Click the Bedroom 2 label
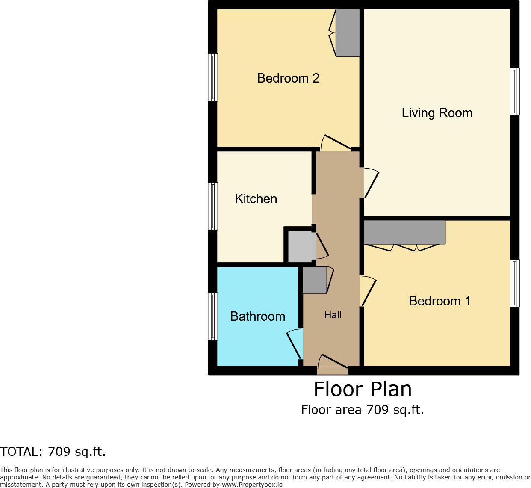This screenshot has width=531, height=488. [x=288, y=78]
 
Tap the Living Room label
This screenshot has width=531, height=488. [x=437, y=113]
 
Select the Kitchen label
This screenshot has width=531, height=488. [x=256, y=199]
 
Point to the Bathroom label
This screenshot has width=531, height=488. [x=257, y=316]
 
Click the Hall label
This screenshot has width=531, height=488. [x=333, y=315]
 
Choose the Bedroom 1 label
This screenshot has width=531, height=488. [x=440, y=301]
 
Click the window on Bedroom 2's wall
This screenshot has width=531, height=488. [x=213, y=77]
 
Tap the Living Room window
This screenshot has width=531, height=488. [x=515, y=92]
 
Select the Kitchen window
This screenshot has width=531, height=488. [x=213, y=206]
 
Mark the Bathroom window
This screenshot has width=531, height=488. [x=213, y=316]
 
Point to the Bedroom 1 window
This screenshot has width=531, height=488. [x=515, y=283]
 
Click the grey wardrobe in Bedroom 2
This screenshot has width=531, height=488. [x=348, y=33]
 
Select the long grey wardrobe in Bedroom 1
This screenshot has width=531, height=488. [x=404, y=232]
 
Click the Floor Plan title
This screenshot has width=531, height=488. [x=363, y=389]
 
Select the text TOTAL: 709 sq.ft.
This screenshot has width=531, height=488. [x=53, y=452]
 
